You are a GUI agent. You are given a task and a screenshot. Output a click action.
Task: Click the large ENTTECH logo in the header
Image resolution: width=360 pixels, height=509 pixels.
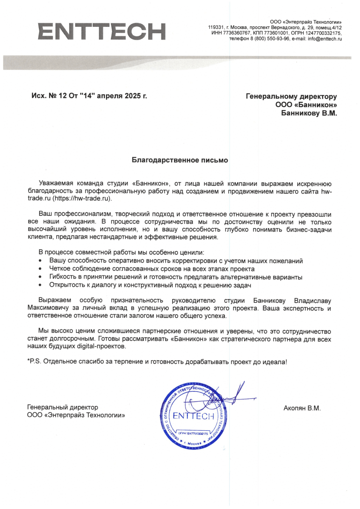[102, 31]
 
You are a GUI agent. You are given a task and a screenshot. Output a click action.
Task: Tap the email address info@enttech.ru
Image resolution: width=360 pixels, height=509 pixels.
[325, 39]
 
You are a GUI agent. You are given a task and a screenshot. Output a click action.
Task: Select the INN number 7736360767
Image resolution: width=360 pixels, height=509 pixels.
[237, 33]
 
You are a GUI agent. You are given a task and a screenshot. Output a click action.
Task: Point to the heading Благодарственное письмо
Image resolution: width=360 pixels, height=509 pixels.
[180, 160]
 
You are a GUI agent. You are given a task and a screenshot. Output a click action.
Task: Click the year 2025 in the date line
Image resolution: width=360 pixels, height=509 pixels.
[133, 96]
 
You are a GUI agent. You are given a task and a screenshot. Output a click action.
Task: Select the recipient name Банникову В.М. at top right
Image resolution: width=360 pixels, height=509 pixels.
[309, 113]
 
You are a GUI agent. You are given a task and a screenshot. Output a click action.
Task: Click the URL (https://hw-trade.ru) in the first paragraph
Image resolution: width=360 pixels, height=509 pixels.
[82, 199]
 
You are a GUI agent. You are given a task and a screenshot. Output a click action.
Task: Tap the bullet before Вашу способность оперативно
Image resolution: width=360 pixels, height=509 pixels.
[40, 261]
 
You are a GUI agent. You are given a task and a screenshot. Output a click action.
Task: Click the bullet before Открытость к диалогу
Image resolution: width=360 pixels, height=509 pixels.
[40, 285]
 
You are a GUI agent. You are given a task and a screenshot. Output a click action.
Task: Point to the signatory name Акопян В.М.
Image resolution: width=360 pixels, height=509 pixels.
[302, 408]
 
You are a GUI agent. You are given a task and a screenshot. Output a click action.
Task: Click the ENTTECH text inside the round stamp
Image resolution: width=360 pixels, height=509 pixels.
[193, 416]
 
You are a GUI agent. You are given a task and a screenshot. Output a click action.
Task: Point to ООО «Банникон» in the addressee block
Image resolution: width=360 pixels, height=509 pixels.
[306, 105]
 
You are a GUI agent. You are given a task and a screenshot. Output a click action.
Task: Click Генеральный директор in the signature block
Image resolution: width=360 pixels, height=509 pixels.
[63, 407]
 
